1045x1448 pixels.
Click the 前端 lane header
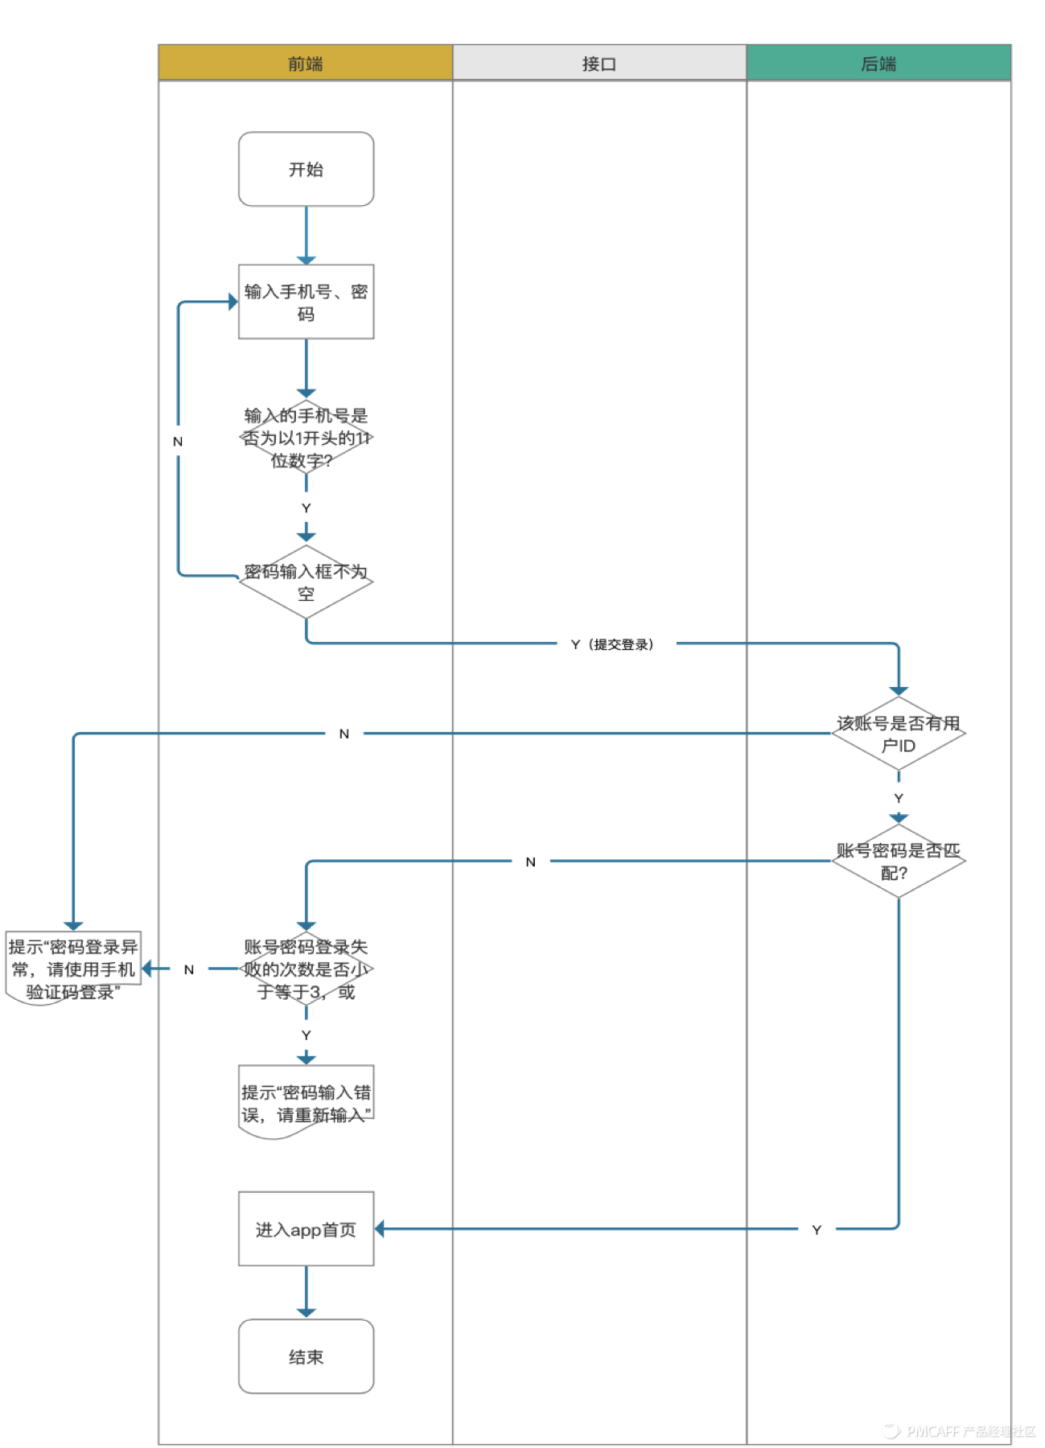click(x=305, y=63)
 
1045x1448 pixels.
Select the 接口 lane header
click(x=599, y=63)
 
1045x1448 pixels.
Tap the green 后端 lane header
click(x=878, y=63)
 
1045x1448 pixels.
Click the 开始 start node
click(x=306, y=169)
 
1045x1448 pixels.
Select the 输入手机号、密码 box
click(x=306, y=302)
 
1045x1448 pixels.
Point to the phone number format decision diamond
click(x=306, y=438)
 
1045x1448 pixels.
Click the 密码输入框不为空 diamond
click(x=306, y=582)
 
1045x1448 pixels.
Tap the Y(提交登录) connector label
click(x=613, y=644)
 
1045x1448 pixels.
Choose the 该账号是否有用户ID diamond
click(x=898, y=734)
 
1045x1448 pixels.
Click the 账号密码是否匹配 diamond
click(x=898, y=861)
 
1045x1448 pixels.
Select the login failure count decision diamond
click(x=306, y=969)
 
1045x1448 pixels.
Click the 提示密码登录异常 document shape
click(x=72, y=968)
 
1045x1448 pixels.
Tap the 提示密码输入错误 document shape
click(x=306, y=1102)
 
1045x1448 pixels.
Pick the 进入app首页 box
click(x=306, y=1229)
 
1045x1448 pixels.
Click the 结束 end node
click(x=306, y=1356)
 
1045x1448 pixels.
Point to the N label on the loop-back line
click(x=178, y=441)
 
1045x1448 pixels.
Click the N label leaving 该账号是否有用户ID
click(x=344, y=734)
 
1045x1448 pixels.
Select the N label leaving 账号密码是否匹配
click(x=530, y=862)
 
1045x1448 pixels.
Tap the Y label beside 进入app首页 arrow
click(x=816, y=1229)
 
